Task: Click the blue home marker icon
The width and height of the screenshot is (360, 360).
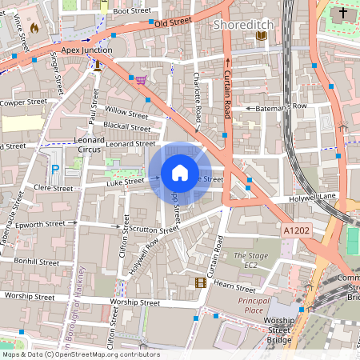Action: (x=180, y=173)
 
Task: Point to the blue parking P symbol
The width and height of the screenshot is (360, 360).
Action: (x=55, y=169)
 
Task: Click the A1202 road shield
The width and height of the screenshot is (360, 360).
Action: (x=295, y=230)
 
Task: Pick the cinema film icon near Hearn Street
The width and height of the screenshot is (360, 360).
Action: (x=200, y=282)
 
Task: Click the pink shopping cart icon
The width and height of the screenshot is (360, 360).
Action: (x=141, y=80)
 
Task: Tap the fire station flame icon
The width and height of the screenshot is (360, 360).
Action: (x=34, y=27)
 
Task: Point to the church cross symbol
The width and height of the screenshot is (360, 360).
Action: (x=343, y=14)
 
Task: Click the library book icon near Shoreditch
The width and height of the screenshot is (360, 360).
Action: (x=261, y=35)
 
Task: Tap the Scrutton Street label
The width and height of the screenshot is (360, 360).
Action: (x=152, y=229)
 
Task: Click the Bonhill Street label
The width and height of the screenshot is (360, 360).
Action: (x=35, y=262)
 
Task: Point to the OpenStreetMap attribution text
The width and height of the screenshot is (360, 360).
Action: (x=80, y=354)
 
